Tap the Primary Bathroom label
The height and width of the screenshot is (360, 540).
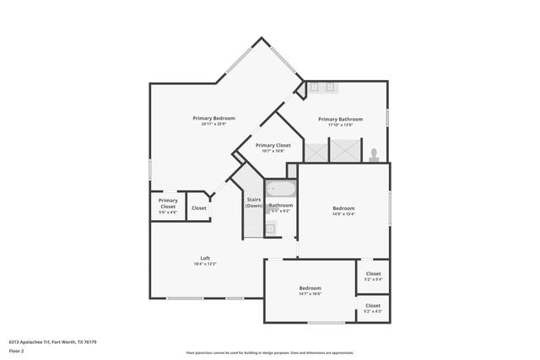340,119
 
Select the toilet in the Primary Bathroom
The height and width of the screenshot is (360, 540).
373,154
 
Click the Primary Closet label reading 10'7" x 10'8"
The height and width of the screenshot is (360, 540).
273,145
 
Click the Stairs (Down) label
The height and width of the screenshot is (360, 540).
254,202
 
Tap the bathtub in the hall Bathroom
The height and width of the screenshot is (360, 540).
280,191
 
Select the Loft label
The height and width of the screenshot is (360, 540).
205,258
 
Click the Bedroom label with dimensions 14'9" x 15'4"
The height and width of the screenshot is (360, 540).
343,208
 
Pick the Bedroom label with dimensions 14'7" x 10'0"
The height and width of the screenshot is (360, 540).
310,288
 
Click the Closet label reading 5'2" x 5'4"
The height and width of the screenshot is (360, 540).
373,274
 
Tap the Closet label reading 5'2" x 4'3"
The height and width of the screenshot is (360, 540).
373,305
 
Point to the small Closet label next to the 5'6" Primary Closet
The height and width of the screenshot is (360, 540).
199,207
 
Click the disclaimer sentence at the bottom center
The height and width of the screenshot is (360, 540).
270,352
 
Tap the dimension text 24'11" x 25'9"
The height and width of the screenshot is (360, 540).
213,125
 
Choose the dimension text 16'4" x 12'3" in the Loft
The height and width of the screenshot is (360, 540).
205,265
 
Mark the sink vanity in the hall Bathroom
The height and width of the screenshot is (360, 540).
271,227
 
